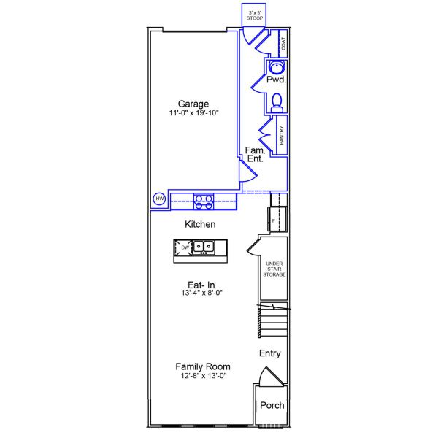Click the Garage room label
pyautogui.click(x=193, y=104)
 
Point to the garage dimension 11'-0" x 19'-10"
pyautogui.click(x=193, y=114)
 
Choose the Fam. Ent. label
pyautogui.click(x=255, y=154)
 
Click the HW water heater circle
pyautogui.click(x=159, y=199)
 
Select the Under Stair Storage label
pyautogui.click(x=274, y=269)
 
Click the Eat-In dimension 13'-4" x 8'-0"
pyautogui.click(x=201, y=293)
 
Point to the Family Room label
pyautogui.click(x=202, y=366)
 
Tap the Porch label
pyautogui.click(x=272, y=406)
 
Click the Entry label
pyautogui.click(x=270, y=353)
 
